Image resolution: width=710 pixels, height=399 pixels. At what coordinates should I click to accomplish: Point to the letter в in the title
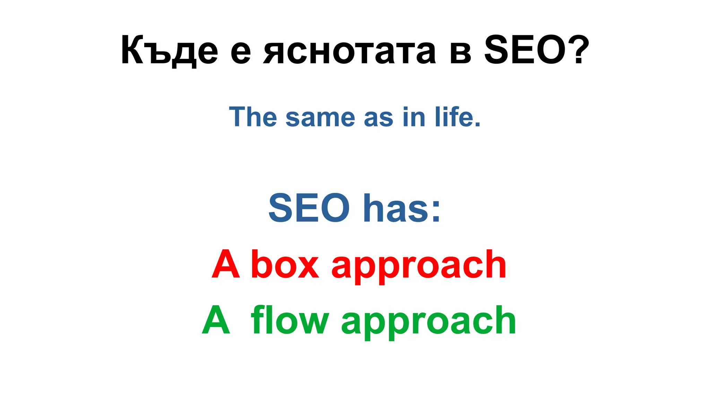(x=461, y=53)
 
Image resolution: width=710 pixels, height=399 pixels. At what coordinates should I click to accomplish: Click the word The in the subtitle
(x=253, y=117)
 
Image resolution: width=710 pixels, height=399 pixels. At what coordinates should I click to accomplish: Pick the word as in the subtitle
(x=379, y=118)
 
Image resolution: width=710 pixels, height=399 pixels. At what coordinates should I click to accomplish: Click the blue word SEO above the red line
(x=309, y=208)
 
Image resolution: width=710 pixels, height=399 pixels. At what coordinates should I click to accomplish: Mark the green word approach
(x=429, y=322)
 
